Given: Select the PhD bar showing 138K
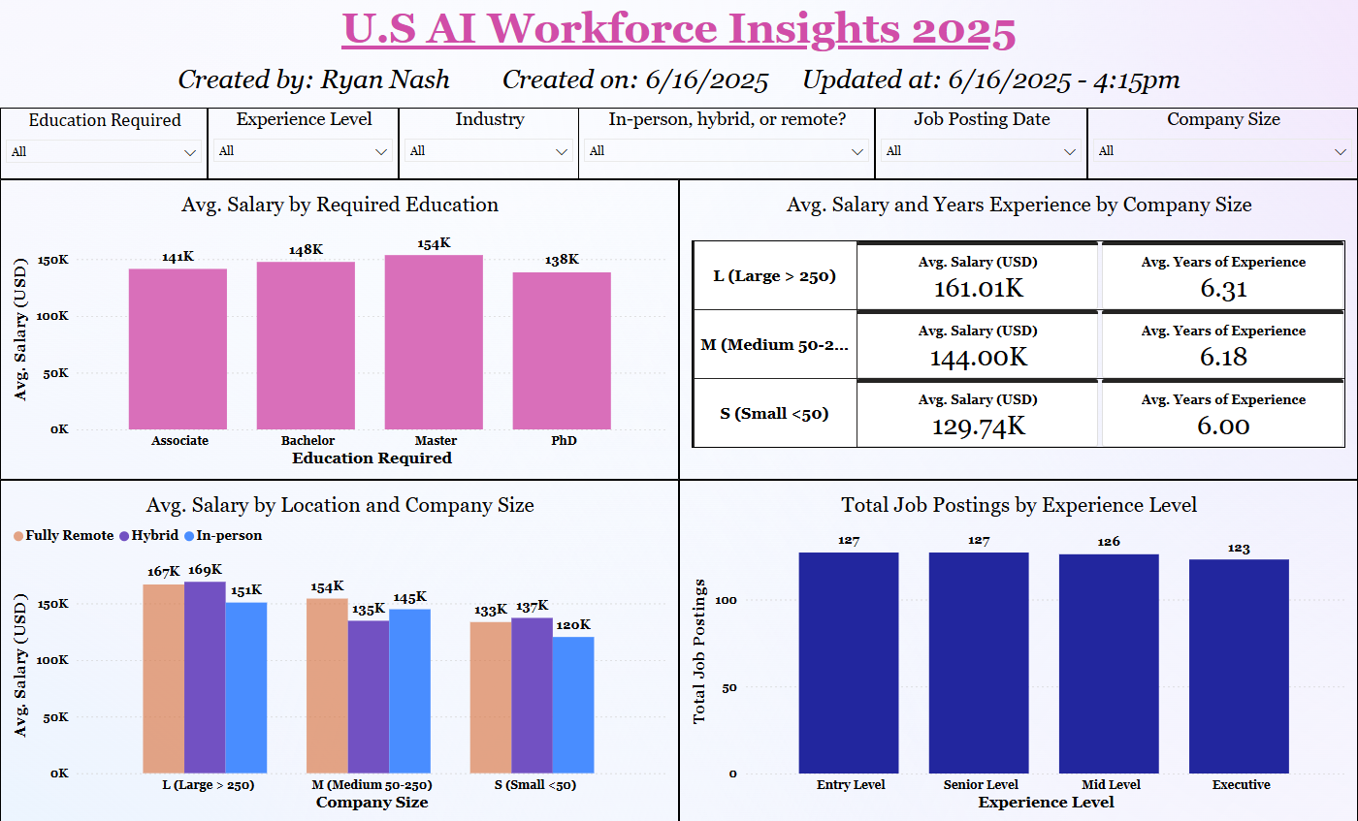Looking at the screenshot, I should click(562, 350).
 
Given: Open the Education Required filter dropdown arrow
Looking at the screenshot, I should click(189, 151).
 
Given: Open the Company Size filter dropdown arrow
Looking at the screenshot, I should click(1341, 151).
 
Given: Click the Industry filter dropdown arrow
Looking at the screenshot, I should click(562, 151).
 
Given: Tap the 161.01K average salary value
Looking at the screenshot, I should click(978, 289).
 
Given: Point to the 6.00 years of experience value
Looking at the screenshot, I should click(1222, 426).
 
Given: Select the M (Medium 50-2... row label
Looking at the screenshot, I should click(775, 344).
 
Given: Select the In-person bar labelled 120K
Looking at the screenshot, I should click(573, 704).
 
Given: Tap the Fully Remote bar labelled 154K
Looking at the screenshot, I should click(327, 684).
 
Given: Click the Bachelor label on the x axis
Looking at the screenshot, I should click(307, 440).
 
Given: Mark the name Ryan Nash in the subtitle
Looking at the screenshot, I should click(384, 79).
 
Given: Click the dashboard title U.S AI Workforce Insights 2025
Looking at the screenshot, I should click(679, 30).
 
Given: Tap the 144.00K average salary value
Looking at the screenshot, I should click(978, 358).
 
